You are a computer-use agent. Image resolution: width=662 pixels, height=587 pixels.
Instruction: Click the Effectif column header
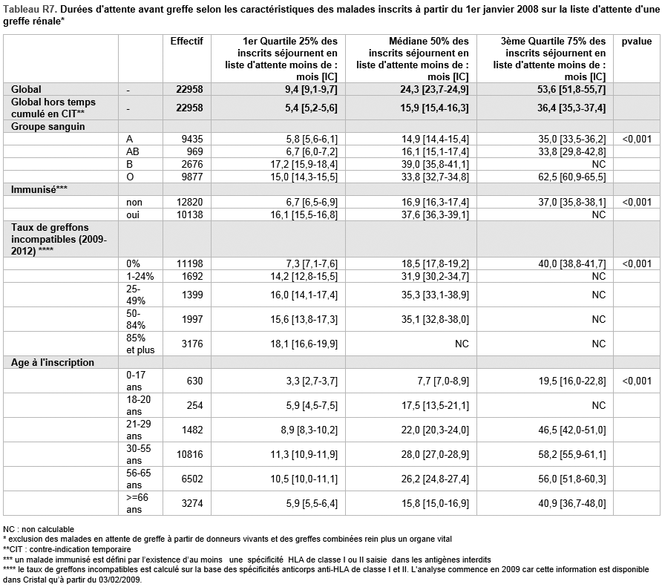186,42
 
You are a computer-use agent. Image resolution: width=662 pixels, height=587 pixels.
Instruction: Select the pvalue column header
636,42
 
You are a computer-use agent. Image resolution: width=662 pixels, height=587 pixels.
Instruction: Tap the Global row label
26,90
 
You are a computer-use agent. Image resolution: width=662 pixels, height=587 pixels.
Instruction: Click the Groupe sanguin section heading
47,127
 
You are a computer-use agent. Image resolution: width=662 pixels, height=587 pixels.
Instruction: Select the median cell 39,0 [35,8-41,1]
435,164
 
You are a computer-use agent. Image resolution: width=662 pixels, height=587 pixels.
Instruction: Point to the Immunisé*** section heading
39,190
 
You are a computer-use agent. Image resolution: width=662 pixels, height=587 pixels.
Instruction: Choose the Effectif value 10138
189,215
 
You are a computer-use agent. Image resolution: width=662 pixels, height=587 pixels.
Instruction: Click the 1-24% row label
140,277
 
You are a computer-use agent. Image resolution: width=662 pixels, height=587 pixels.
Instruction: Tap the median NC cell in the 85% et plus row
462,344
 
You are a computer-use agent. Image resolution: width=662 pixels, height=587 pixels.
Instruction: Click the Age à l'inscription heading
53,363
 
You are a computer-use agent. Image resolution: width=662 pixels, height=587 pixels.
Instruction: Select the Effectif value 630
195,381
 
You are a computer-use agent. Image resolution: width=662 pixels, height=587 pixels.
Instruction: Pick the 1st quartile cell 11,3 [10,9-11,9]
304,455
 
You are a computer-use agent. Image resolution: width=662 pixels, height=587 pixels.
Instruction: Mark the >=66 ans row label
137,503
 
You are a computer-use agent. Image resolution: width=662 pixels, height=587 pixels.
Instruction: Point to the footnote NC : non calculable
39,529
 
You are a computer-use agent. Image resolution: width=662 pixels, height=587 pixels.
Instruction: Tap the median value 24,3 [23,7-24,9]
435,90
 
